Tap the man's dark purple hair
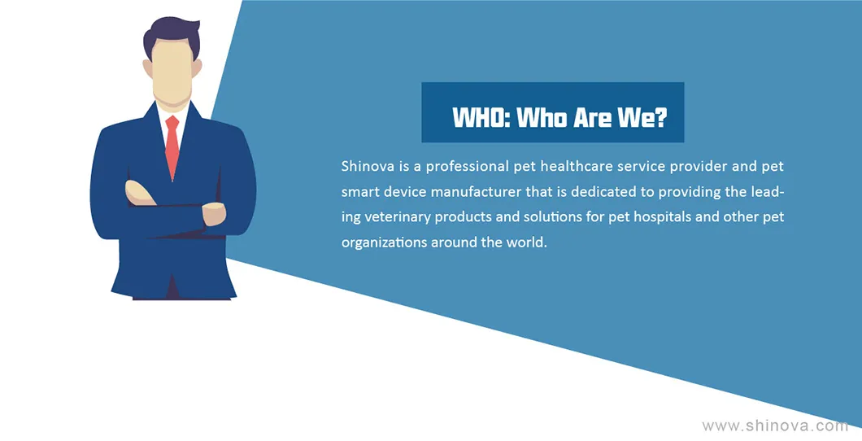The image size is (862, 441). point(172,35)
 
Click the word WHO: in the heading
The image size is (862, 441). point(480,119)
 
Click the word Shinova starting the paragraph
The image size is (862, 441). point(368,167)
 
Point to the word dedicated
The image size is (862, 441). point(603,193)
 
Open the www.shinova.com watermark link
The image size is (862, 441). point(775,426)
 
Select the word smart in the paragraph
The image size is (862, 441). point(359,193)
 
